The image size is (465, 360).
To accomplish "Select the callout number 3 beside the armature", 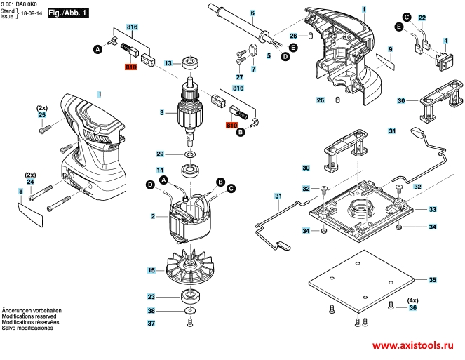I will (161, 112).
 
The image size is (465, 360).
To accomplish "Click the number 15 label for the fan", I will (151, 270).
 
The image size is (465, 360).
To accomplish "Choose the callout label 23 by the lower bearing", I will (151, 296).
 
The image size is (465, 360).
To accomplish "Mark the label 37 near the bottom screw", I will (151, 323).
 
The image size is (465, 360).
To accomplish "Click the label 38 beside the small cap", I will (151, 310).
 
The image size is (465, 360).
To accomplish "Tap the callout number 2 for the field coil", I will (153, 216).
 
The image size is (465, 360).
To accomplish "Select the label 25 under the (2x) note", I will (41, 114).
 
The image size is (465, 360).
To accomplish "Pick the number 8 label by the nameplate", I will (20, 191).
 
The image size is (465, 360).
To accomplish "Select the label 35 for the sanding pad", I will (433, 280).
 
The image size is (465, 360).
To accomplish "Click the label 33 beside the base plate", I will (433, 209).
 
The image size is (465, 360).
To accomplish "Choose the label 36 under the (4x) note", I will (413, 307).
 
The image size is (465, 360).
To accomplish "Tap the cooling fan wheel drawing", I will (188, 268).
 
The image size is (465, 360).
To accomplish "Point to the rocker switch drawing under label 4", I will (445, 60).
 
